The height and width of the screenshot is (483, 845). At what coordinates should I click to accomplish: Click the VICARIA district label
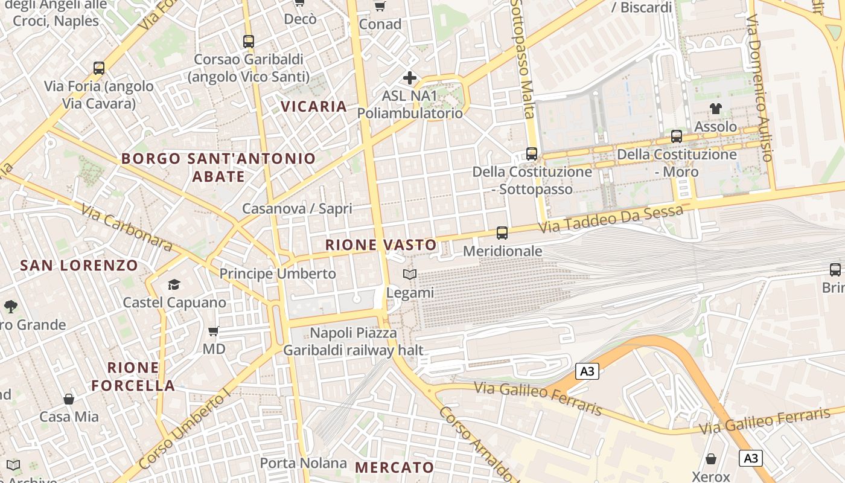point(314,107)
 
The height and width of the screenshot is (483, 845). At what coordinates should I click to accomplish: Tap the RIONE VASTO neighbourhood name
point(381,245)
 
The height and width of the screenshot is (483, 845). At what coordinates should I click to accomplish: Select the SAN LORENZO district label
point(79,265)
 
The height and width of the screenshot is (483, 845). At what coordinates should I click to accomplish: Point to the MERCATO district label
point(394,467)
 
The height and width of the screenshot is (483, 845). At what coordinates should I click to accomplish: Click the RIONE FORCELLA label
point(133,376)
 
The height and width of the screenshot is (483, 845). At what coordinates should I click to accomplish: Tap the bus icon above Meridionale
point(502,232)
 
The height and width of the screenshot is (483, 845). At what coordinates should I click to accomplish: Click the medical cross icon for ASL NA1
point(410,78)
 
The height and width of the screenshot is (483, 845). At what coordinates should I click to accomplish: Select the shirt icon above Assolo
point(716,109)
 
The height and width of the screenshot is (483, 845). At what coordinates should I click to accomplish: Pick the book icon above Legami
point(410,275)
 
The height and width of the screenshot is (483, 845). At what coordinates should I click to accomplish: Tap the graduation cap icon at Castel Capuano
point(174,284)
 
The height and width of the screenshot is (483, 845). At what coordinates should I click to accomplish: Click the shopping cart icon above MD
point(213,331)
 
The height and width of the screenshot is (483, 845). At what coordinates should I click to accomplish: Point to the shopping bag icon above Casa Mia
point(69,399)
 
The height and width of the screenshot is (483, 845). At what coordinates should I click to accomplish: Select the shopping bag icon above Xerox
point(711,459)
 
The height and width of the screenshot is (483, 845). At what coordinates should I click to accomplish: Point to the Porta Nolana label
point(303,463)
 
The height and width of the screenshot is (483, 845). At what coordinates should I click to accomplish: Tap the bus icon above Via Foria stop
point(99,68)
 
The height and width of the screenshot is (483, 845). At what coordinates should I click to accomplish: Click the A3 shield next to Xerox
point(751,458)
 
